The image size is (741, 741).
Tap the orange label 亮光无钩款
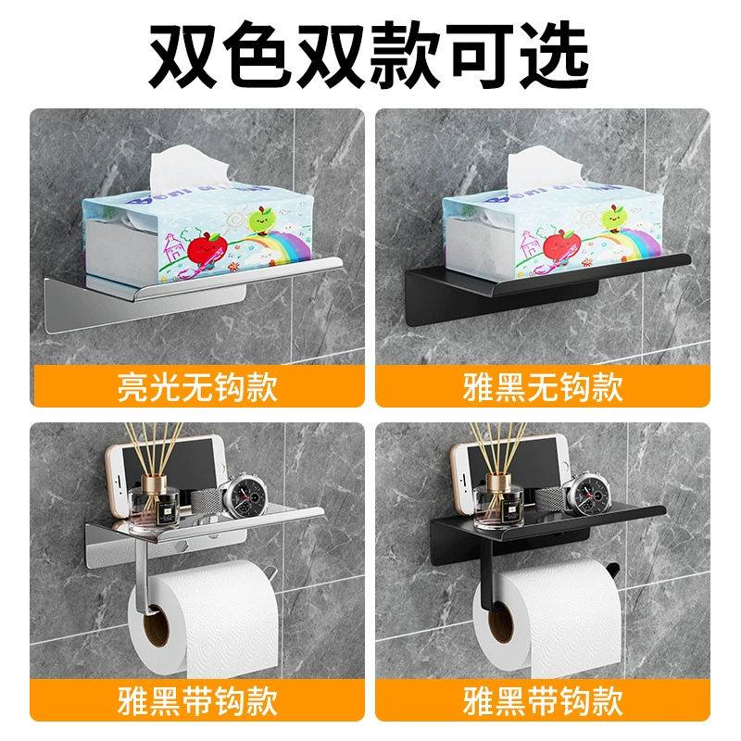tap(197, 386)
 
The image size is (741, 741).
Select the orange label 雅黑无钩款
tap(543, 386)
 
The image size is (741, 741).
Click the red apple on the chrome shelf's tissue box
tap(206, 248)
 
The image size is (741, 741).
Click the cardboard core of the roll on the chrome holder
tap(156, 628)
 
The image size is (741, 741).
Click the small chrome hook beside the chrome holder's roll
tap(269, 571)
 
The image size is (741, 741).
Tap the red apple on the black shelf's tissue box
tap(562, 245)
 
